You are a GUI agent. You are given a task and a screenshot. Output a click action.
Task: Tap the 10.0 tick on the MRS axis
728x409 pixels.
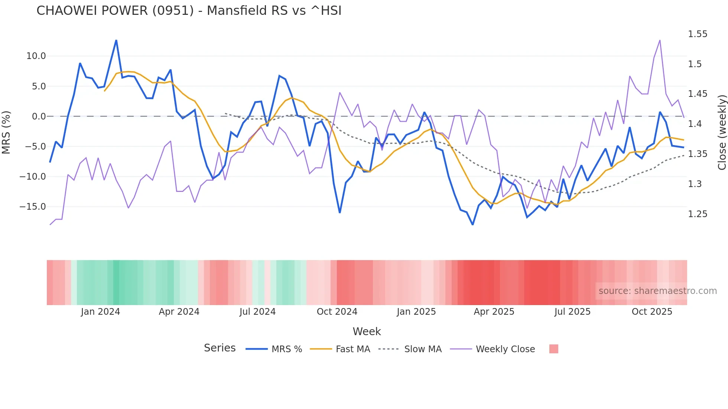(x=36, y=56)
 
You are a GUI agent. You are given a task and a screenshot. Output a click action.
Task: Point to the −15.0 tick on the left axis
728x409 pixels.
(x=33, y=207)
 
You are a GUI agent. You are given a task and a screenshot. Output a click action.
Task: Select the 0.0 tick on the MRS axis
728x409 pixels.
(x=39, y=117)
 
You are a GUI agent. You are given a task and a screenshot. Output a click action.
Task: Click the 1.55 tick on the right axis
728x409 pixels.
(x=698, y=34)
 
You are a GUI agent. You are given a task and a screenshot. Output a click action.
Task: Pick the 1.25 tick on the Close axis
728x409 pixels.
(x=698, y=214)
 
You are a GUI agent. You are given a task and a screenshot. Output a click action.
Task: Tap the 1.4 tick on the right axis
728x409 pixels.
(x=695, y=124)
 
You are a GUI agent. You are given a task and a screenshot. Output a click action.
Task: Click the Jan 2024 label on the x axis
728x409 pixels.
(x=100, y=312)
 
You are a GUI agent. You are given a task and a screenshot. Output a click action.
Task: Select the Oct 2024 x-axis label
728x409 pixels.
(x=337, y=312)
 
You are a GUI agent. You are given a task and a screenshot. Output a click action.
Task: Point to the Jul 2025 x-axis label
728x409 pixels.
(x=572, y=312)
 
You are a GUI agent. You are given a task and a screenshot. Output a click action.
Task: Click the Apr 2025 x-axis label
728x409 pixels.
(x=494, y=312)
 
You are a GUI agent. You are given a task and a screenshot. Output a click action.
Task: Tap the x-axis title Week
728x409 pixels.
(x=367, y=331)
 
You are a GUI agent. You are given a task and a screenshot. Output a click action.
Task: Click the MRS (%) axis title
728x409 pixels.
(x=6, y=132)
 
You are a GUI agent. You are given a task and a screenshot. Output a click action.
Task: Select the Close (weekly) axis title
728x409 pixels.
(x=722, y=132)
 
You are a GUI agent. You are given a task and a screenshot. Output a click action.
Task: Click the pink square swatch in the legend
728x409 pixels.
(x=553, y=349)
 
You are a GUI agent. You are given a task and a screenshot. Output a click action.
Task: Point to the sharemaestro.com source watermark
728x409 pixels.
(x=657, y=291)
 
